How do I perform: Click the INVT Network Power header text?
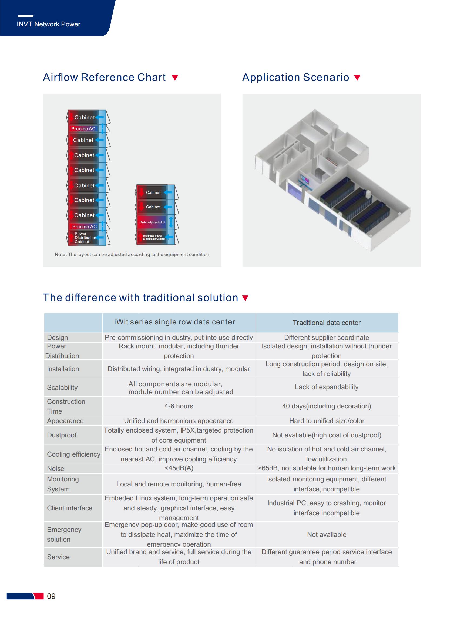pos(48,24)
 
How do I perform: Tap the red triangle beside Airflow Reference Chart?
pos(175,78)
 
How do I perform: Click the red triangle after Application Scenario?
pos(357,78)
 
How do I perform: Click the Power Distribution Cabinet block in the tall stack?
pos(83,238)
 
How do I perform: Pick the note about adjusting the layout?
pos(132,254)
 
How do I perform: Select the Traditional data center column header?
pos(327,323)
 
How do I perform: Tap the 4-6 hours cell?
pos(179,406)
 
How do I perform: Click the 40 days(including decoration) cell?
pos(327,406)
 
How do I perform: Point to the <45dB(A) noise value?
pos(179,468)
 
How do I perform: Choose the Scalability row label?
pos(62,387)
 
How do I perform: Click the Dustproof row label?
pos(62,435)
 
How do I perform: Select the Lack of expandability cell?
pos(327,387)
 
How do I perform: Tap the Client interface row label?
pos(70,508)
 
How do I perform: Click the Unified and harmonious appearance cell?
pos(179,421)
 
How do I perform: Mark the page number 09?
pos(51,596)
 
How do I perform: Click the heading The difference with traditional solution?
pos(140,298)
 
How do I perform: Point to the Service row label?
pos(58,557)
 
